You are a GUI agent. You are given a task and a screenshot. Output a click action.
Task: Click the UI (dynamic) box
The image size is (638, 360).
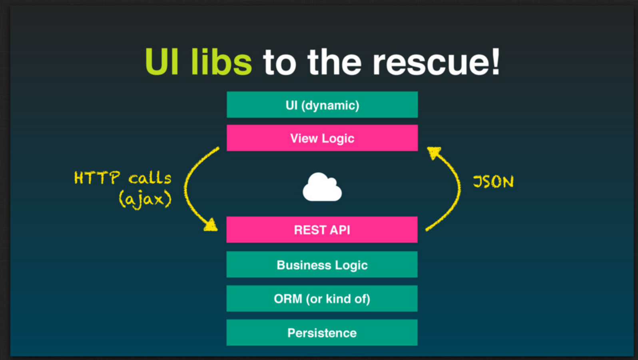322,105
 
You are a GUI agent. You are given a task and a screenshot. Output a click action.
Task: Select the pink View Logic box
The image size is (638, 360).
322,138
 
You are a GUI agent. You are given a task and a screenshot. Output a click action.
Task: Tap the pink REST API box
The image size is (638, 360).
322,230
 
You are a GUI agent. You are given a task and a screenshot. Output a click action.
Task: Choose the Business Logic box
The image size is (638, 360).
322,264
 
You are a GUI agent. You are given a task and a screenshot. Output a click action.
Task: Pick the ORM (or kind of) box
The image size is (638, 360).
322,298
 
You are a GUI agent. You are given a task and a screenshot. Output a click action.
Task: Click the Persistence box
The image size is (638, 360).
322,332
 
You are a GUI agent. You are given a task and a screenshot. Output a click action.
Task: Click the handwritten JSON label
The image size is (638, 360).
493,182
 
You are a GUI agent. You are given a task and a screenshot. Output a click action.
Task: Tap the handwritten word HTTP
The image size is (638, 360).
97,178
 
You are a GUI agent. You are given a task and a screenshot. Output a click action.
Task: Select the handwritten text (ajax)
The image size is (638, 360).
145,199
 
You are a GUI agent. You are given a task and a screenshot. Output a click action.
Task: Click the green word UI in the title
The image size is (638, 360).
161,62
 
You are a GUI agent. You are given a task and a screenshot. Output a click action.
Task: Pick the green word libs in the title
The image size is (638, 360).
221,62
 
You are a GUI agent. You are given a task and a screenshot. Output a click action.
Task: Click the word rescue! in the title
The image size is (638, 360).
436,62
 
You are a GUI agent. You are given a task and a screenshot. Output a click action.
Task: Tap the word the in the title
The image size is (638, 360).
334,62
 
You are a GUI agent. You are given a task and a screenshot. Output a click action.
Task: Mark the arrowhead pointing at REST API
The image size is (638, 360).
211,225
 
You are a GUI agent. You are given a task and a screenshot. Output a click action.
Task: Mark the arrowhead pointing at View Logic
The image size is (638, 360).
434,152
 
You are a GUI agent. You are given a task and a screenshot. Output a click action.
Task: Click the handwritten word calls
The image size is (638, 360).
150,178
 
